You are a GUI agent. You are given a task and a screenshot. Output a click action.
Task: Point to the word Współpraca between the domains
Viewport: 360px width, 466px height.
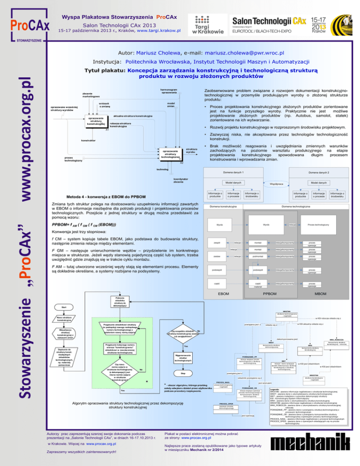pyautogui.click(x=290, y=184)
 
